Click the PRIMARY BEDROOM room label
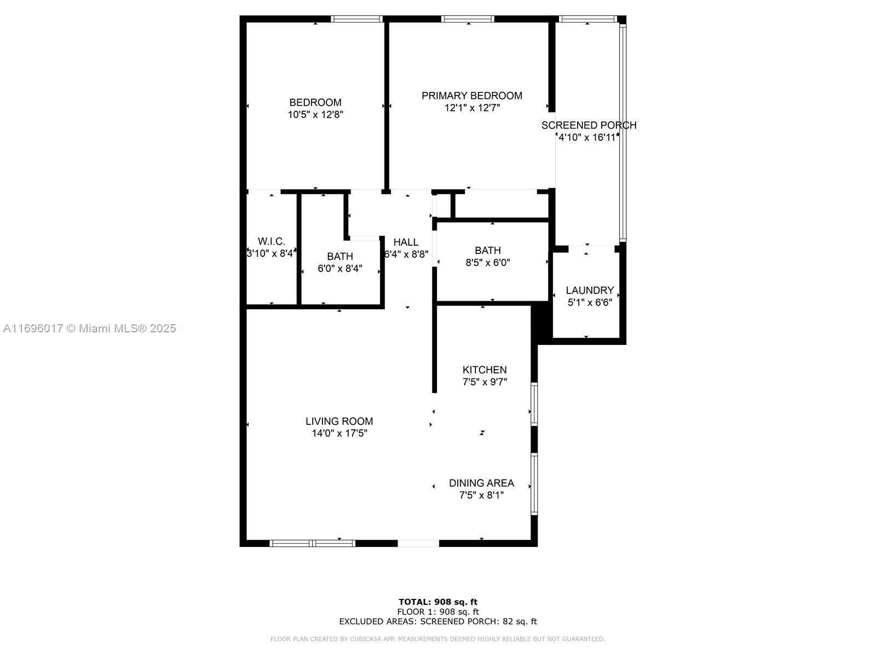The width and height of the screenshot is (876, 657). coord(472,96)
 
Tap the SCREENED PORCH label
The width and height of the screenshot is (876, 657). coord(589,125)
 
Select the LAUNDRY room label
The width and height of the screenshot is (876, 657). coord(590,290)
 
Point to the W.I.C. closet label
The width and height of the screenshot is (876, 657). coord(272,241)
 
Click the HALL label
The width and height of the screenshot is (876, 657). coord(406,242)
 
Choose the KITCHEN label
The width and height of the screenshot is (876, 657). coord(485,370)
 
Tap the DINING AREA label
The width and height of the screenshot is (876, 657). coord(481,483)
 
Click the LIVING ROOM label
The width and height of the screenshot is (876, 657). coord(339,421)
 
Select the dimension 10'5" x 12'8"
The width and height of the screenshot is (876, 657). coord(315,114)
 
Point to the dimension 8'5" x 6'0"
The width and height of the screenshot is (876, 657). coord(488,262)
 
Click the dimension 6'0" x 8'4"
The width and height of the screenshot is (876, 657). coord(339,268)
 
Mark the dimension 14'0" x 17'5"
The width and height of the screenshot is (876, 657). coord(339,433)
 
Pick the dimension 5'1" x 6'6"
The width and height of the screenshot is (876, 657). coord(590,302)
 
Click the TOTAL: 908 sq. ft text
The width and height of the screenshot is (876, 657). coord(438,602)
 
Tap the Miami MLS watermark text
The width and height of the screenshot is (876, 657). coord(89,328)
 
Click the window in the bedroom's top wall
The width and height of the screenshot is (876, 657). coord(356,19)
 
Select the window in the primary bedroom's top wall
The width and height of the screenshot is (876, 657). coord(468,19)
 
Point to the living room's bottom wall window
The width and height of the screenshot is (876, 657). coord(312,543)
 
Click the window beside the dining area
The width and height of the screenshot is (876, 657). coord(534,484)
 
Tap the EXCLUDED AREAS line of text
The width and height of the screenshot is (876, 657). coord(438,621)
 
